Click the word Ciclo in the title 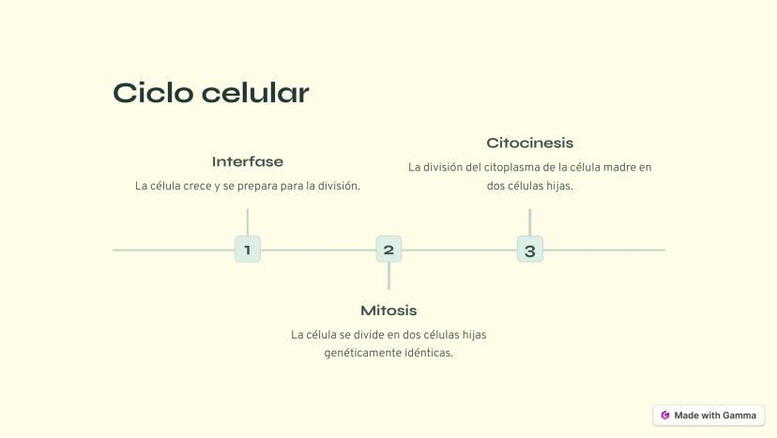(x=153, y=93)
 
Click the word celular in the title (x=255, y=93)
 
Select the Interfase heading (x=248, y=161)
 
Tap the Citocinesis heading (x=529, y=143)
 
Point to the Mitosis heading (x=388, y=310)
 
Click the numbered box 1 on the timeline (x=248, y=249)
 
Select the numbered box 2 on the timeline (x=388, y=249)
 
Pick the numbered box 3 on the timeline (x=529, y=249)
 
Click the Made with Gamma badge (x=708, y=415)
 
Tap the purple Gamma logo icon (x=665, y=415)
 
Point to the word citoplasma (x=511, y=168)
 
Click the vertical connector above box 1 (x=248, y=222)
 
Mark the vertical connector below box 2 (x=388, y=276)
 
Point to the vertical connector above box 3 (x=529, y=222)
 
